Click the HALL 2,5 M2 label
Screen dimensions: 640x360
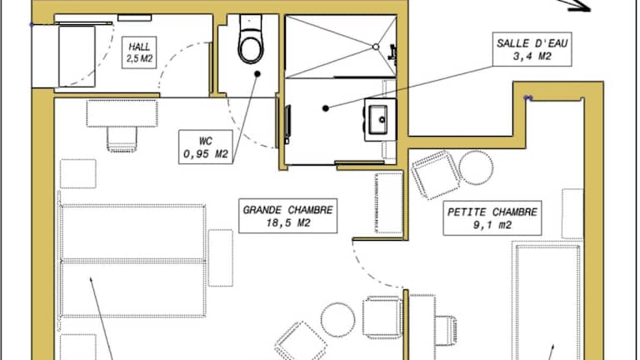click(139, 52)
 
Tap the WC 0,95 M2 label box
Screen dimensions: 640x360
click(206, 147)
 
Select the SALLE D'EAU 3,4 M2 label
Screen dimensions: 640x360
click(532, 49)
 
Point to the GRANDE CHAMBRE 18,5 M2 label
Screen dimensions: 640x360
click(287, 216)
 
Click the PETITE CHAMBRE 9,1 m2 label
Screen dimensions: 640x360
click(492, 218)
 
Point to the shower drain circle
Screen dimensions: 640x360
click(376, 47)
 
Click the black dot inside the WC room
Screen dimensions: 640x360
click(257, 74)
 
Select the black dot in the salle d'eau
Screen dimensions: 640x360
click(325, 108)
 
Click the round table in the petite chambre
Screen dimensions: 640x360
click(476, 167)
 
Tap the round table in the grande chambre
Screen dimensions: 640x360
click(337, 320)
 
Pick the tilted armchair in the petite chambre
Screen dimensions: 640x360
click(436, 175)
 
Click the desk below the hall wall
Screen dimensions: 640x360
click(122, 113)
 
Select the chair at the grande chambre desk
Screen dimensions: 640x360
click(122, 139)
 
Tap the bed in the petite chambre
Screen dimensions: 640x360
click(547, 301)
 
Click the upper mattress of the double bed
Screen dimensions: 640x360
click(132, 232)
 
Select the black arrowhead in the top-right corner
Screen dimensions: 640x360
click(580, 6)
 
